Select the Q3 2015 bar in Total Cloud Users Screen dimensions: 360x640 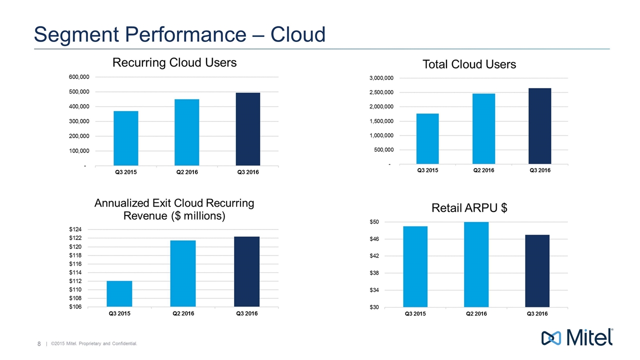(x=427, y=138)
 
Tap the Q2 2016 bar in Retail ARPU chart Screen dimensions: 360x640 (x=476, y=264)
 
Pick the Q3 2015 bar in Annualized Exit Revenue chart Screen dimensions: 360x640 (x=119, y=294)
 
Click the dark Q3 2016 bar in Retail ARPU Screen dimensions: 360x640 (x=537, y=270)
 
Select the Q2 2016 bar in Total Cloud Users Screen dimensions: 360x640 (x=483, y=128)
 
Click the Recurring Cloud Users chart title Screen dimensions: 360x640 (x=174, y=62)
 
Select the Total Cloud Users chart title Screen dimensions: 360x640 (x=469, y=64)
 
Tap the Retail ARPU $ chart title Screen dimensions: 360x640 (x=469, y=208)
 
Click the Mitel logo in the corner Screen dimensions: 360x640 (x=577, y=337)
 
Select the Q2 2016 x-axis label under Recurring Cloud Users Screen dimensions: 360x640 (x=186, y=172)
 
